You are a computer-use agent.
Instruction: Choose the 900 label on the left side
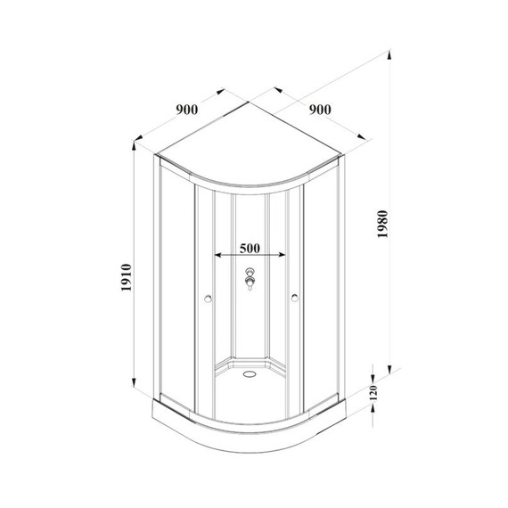coord(186,110)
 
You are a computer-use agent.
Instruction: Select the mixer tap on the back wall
coord(250,281)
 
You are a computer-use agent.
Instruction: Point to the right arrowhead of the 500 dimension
coord(287,255)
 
